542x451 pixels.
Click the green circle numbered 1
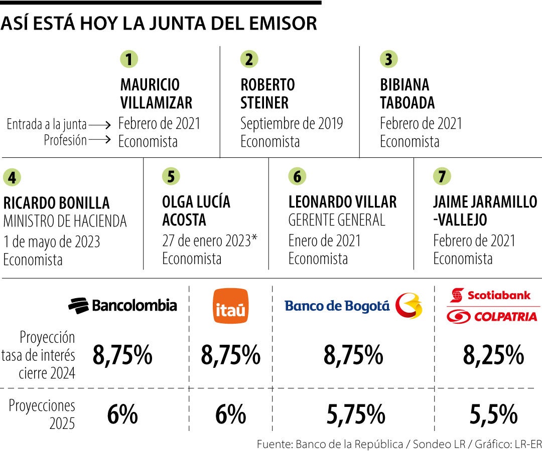tap(129, 60)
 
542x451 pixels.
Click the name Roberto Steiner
tap(267, 94)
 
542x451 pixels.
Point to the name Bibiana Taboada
tap(407, 94)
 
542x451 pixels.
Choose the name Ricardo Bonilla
tap(56, 202)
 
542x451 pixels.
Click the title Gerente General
tap(337, 220)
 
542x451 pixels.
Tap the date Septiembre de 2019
tap(292, 123)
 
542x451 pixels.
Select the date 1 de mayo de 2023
tap(52, 242)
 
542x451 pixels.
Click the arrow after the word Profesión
tap(100, 141)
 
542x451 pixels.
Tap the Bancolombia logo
tap(122, 305)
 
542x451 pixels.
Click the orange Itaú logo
tap(231, 306)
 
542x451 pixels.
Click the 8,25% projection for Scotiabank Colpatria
tap(493, 355)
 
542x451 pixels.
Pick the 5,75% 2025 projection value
tap(355, 415)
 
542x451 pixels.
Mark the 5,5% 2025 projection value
tap(493, 415)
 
